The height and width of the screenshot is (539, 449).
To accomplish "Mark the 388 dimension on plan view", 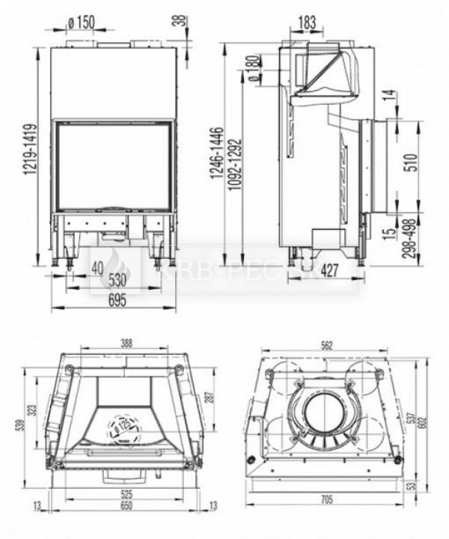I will pos(126,343).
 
